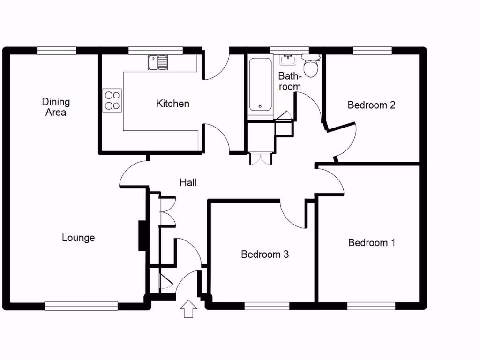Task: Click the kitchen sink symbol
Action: pyautogui.click(x=157, y=62)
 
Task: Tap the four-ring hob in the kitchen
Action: pyautogui.click(x=112, y=99)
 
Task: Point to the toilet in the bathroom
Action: pyautogui.click(x=310, y=66)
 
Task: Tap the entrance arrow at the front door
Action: pyautogui.click(x=188, y=309)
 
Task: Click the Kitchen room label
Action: pyautogui.click(x=172, y=104)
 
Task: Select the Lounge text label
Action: pyautogui.click(x=78, y=238)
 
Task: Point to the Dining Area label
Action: pyautogui.click(x=56, y=107)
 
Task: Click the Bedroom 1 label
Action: pyautogui.click(x=372, y=242)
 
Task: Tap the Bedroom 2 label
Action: pyautogui.click(x=371, y=105)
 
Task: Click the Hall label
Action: pyautogui.click(x=188, y=182)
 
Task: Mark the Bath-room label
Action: pyautogui.click(x=289, y=81)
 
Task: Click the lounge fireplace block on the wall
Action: pyautogui.click(x=141, y=236)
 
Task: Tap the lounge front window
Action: pyautogui.click(x=81, y=306)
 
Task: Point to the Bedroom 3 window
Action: pyautogui.click(x=267, y=306)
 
